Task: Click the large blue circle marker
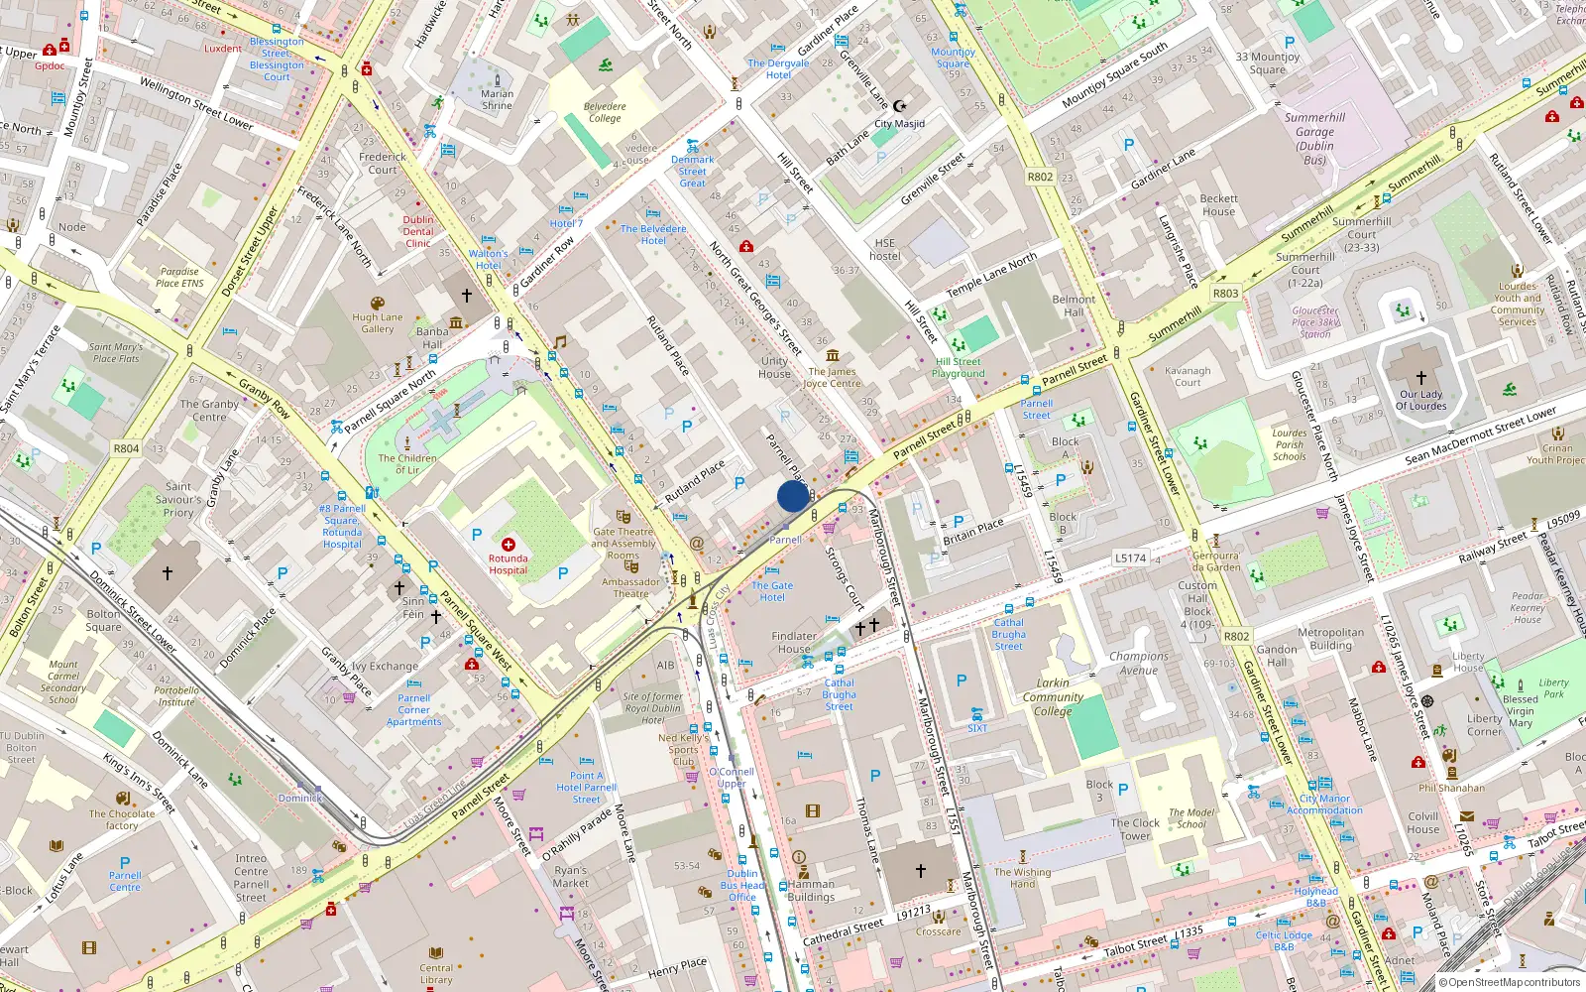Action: click(793, 496)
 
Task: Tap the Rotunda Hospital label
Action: click(508, 564)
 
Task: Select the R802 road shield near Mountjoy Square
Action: click(1040, 177)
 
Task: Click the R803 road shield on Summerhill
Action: click(1225, 294)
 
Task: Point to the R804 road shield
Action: click(126, 448)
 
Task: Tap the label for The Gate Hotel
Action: click(772, 591)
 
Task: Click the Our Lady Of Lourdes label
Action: click(1420, 400)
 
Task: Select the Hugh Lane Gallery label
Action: click(378, 323)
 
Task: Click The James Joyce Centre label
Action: click(832, 378)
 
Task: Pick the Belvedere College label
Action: click(605, 112)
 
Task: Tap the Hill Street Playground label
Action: click(958, 368)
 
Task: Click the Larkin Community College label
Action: click(1053, 696)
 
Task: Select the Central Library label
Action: click(436, 974)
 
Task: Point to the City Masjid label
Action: click(899, 124)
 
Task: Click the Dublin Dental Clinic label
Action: click(418, 231)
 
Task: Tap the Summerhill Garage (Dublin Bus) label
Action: click(1314, 138)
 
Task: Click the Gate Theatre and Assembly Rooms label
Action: click(623, 544)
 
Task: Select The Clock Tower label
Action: click(1135, 829)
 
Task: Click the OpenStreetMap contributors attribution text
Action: click(1509, 983)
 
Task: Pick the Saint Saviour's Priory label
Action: click(178, 499)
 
